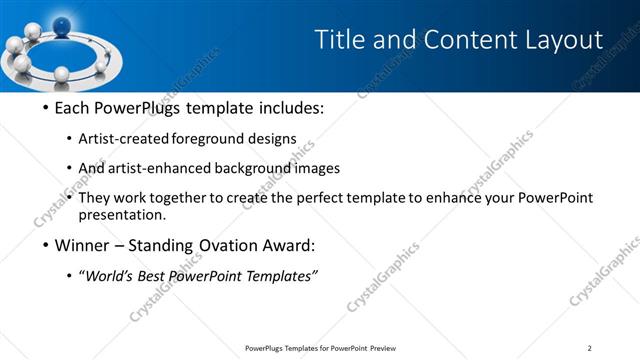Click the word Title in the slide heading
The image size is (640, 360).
pyautogui.click(x=338, y=40)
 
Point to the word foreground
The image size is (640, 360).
pyautogui.click(x=211, y=139)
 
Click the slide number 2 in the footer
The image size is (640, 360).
pyautogui.click(x=590, y=348)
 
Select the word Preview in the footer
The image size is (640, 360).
pyautogui.click(x=380, y=348)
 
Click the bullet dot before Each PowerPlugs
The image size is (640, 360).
pyautogui.click(x=44, y=108)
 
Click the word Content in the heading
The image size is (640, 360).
pyautogui.click(x=447, y=40)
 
